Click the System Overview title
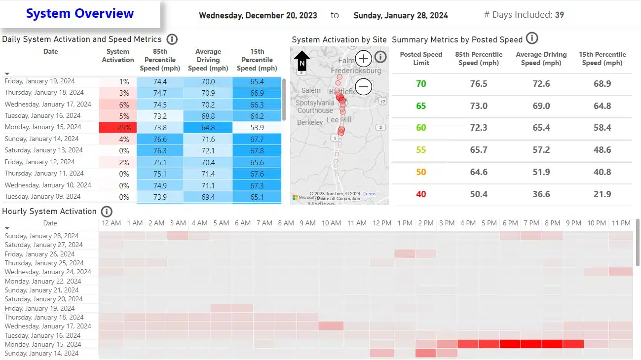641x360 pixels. coord(80,13)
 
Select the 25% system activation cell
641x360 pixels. coord(118,127)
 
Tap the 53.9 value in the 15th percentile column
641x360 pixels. coord(257,127)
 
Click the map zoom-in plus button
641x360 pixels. coord(364,59)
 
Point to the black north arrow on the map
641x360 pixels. coord(302,62)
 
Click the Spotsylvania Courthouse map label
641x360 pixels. coord(315,107)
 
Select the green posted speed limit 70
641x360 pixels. coord(421,84)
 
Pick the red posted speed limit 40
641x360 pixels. coord(421,194)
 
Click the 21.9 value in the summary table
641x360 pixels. coord(602,194)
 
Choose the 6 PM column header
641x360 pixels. coord(510,223)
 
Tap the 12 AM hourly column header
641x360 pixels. coord(111,223)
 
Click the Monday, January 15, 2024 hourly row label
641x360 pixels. coord(43,344)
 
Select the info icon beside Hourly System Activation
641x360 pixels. coord(107,212)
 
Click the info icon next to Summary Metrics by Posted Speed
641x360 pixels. coord(532,38)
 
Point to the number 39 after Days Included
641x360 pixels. coord(559,15)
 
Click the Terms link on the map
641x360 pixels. coord(370,194)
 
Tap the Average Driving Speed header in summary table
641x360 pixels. coord(541,58)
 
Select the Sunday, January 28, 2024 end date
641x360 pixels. coord(401,15)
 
